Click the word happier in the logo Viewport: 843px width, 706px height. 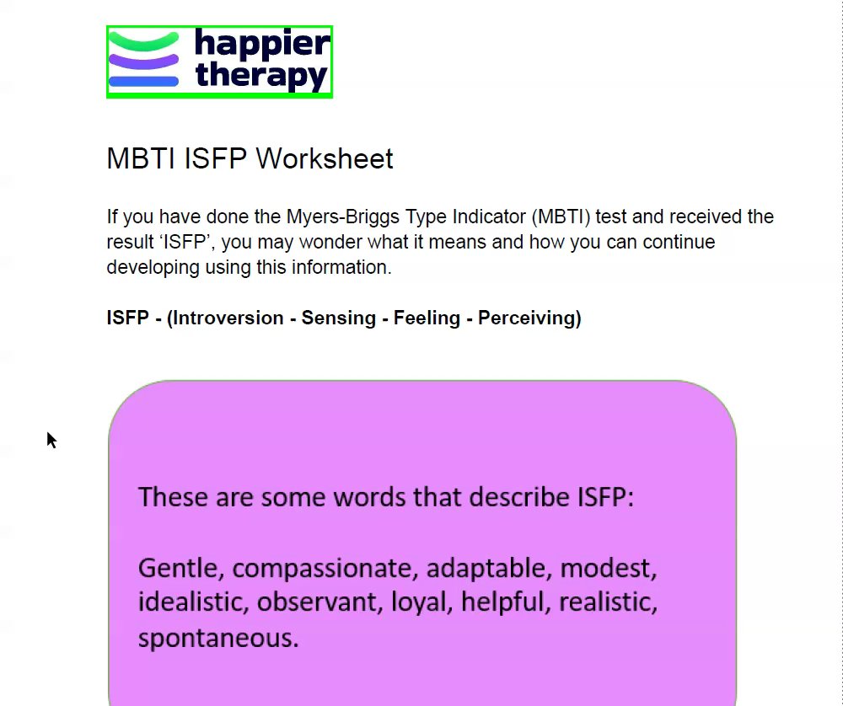[262, 43]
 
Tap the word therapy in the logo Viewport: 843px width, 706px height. [261, 76]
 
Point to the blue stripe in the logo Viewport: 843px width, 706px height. [143, 82]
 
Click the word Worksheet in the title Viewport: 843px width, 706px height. [325, 159]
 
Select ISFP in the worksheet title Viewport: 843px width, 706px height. [215, 159]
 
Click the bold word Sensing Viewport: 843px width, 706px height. [338, 318]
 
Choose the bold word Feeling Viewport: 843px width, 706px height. [427, 318]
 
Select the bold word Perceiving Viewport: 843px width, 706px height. [527, 318]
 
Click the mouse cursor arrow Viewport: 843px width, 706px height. [51, 440]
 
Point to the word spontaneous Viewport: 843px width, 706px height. [218, 639]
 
